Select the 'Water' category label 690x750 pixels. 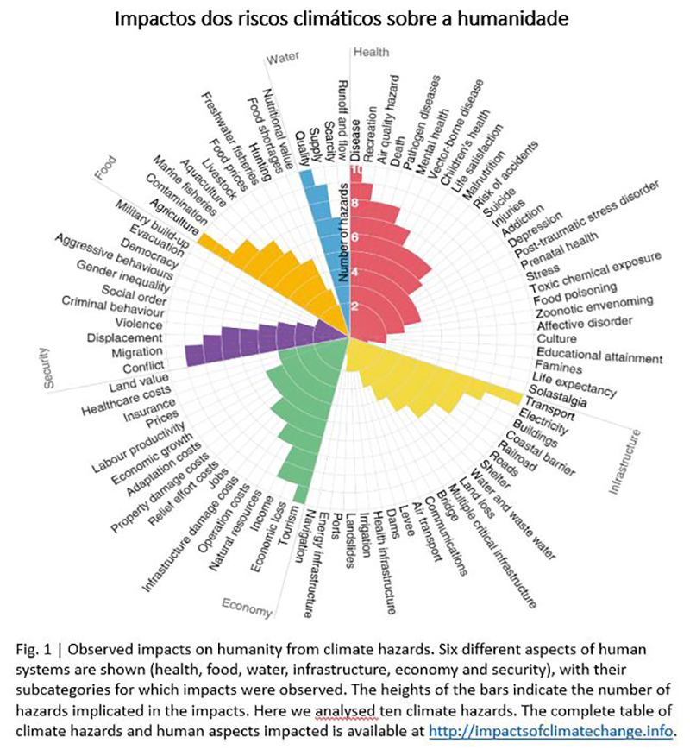(x=282, y=59)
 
